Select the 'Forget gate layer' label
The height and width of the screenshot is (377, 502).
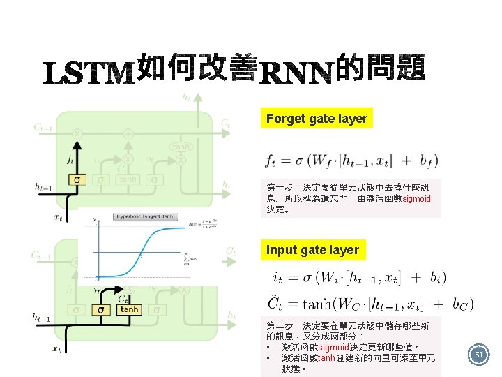(x=317, y=119)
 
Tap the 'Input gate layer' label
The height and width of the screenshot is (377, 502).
(x=312, y=250)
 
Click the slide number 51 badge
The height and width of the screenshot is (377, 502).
(x=479, y=355)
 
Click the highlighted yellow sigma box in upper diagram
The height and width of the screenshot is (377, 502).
(x=77, y=180)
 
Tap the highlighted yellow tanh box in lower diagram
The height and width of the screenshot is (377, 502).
(x=129, y=309)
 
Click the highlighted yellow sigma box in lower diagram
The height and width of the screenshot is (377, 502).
(x=101, y=309)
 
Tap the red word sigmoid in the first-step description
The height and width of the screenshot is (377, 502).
(x=417, y=198)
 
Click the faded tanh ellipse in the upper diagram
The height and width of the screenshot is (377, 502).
(x=180, y=147)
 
